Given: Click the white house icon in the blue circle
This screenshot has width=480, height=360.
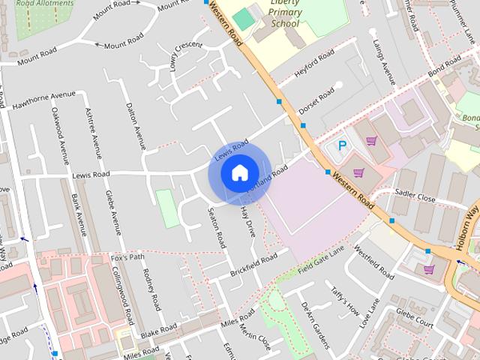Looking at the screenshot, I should pyautogui.click(x=239, y=173).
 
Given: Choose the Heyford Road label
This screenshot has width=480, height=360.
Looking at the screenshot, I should pyautogui.click(x=314, y=64).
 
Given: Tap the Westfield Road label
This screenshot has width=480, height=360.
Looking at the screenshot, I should pyautogui.click(x=373, y=262).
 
